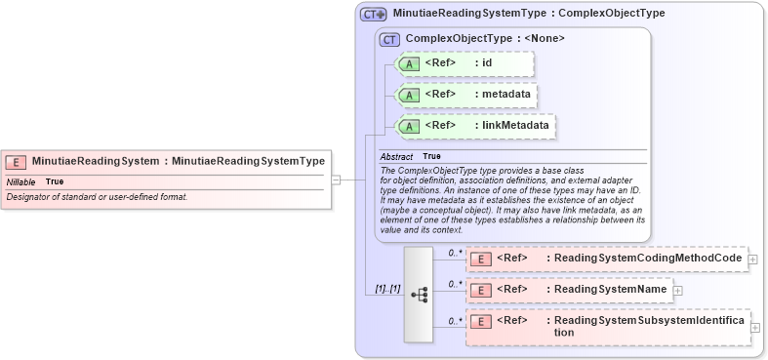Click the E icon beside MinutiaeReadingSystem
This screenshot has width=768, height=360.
[x=16, y=162]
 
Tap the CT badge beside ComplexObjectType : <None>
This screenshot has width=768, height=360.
[x=390, y=39]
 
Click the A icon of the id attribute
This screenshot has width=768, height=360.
[x=410, y=64]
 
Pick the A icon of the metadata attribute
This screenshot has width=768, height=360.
[x=410, y=95]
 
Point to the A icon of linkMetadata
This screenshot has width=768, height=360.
[x=410, y=126]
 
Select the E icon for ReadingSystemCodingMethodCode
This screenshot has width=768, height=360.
[x=480, y=259]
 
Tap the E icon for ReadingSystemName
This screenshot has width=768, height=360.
[x=480, y=290]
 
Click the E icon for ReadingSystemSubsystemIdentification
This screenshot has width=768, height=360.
[x=480, y=321]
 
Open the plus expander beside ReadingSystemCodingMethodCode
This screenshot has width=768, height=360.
[x=753, y=259]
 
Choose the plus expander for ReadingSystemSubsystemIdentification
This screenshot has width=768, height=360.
[x=754, y=327]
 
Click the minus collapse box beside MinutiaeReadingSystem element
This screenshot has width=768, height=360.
[x=336, y=180]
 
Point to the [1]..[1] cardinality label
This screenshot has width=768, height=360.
[x=387, y=289]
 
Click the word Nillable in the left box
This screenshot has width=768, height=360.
[x=21, y=181]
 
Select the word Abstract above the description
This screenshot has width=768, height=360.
[x=396, y=156]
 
